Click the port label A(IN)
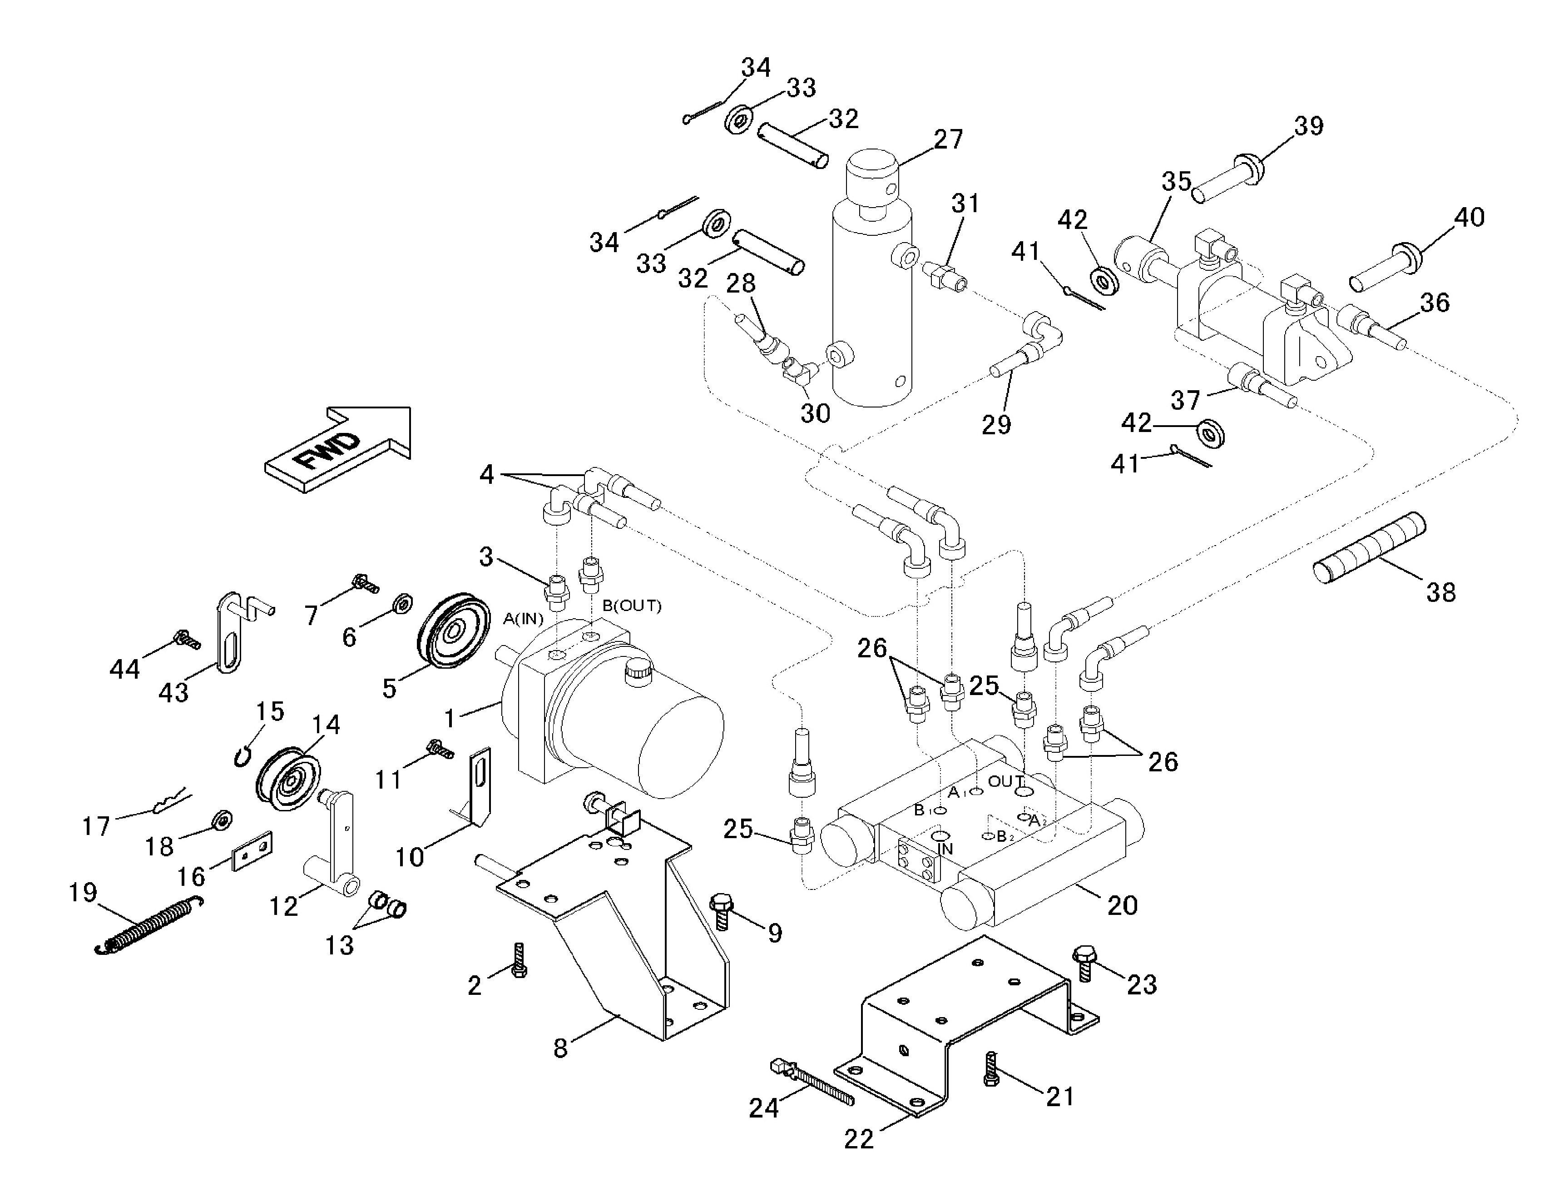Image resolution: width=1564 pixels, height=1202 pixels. coord(523,618)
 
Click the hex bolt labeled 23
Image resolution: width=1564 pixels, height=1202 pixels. coord(1083,963)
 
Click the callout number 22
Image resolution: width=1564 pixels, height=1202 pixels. coord(859,1139)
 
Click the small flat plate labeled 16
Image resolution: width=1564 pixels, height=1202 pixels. coord(252,850)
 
